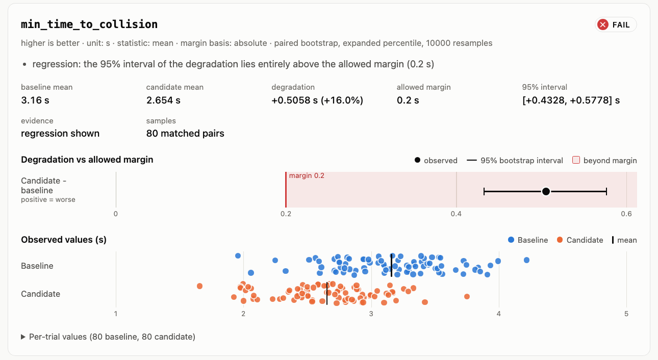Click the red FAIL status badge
pyautogui.click(x=616, y=24)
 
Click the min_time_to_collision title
pyautogui.click(x=89, y=24)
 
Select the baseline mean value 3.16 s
pyautogui.click(x=35, y=100)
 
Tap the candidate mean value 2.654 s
pyautogui.click(x=163, y=100)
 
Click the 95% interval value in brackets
pyautogui.click(x=571, y=100)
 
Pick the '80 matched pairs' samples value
pyautogui.click(x=185, y=134)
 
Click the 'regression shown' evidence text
pyautogui.click(x=60, y=134)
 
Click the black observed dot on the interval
pyautogui.click(x=546, y=191)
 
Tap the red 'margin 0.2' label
pyautogui.click(x=307, y=175)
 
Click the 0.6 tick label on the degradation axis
pyautogui.click(x=626, y=214)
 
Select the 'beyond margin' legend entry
pyautogui.click(x=604, y=160)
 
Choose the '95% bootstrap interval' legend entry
pyautogui.click(x=515, y=160)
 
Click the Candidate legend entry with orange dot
pyautogui.click(x=580, y=240)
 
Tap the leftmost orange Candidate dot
pyautogui.click(x=199, y=286)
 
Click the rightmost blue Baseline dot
pyautogui.click(x=526, y=260)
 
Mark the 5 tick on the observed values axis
pyautogui.click(x=626, y=314)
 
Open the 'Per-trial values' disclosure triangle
pyautogui.click(x=23, y=337)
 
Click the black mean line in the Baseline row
pyautogui.click(x=391, y=266)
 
